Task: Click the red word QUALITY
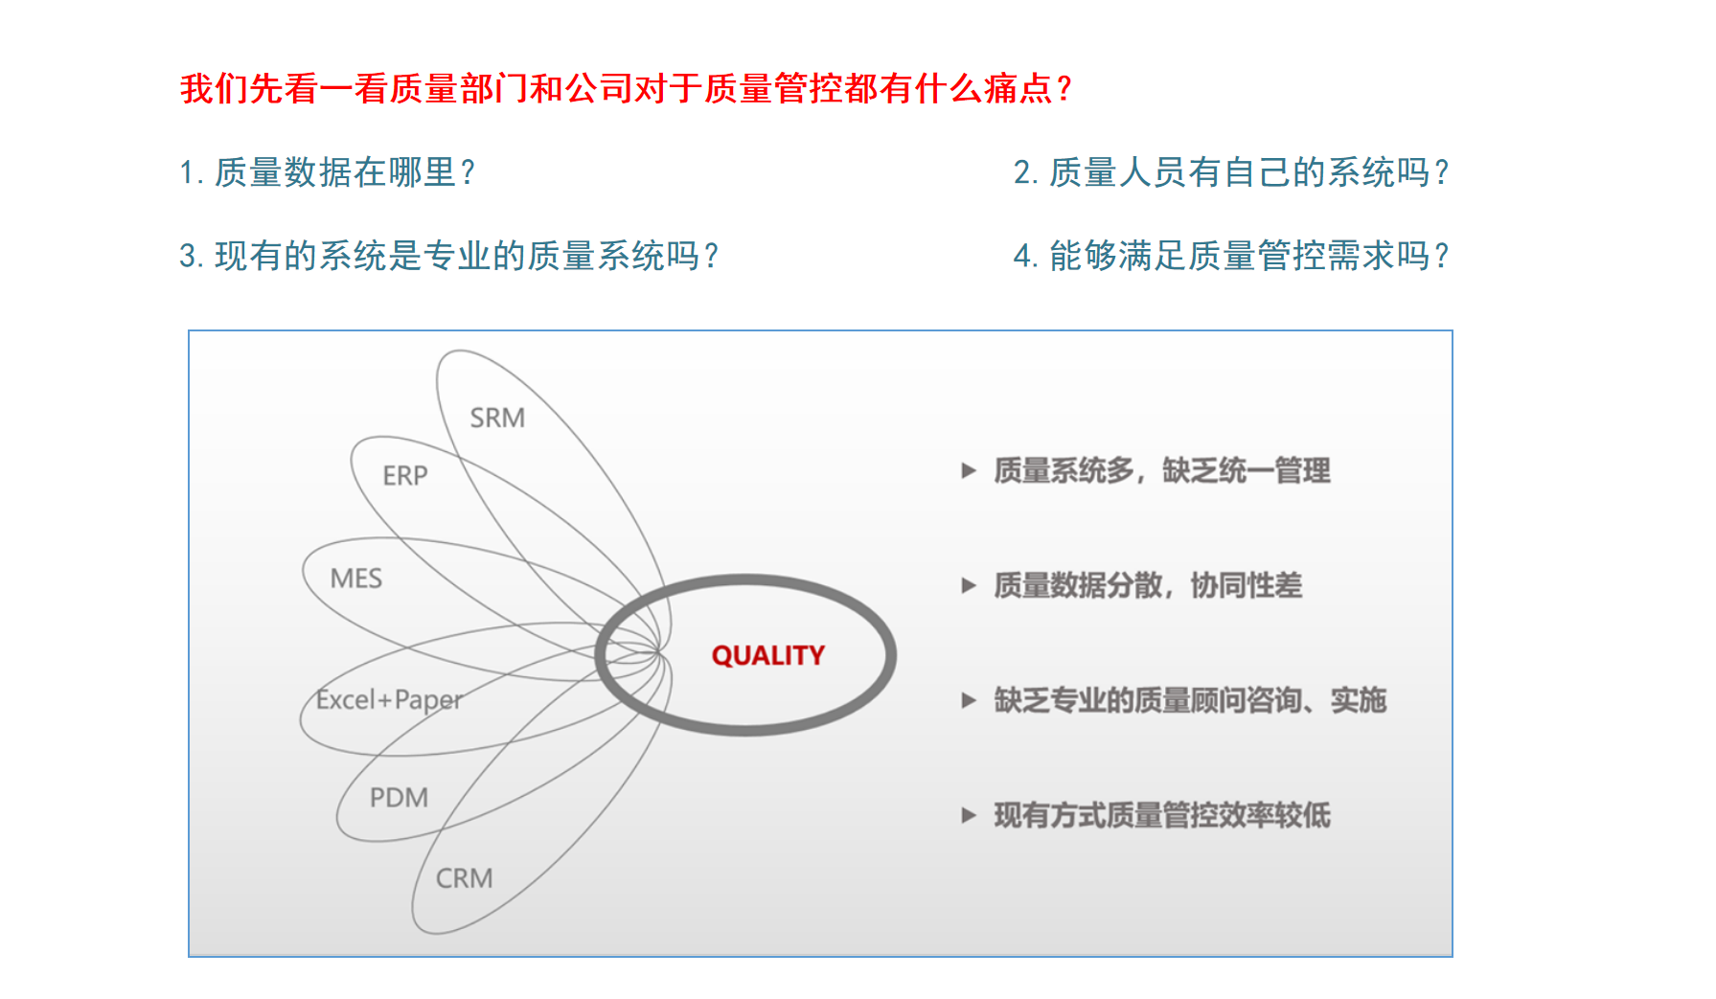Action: [767, 655]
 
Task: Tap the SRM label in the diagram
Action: [497, 418]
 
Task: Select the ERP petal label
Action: [404, 475]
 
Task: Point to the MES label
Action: [355, 579]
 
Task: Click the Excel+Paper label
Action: [389, 700]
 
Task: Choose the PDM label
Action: [399, 797]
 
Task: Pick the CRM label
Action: [464, 877]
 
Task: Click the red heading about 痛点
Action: [626, 88]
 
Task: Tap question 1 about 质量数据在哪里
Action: [327, 172]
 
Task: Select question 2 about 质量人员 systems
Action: [1231, 172]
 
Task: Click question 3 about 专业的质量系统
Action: [448, 256]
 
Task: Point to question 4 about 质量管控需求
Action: [1231, 256]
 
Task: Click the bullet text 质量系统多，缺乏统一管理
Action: [1162, 470]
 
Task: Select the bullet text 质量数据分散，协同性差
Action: [1148, 585]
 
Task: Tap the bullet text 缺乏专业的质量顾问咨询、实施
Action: [1190, 700]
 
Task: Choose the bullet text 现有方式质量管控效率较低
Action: [1162, 815]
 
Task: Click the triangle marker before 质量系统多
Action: [969, 470]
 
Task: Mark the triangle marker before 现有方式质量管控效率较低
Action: [969, 815]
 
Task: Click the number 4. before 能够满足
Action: [1026, 257]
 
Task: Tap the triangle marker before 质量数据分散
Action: [969, 585]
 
